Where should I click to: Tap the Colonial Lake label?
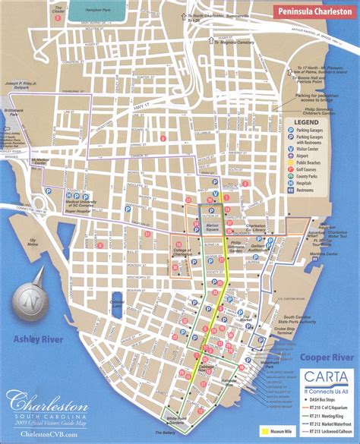(116, 303)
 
